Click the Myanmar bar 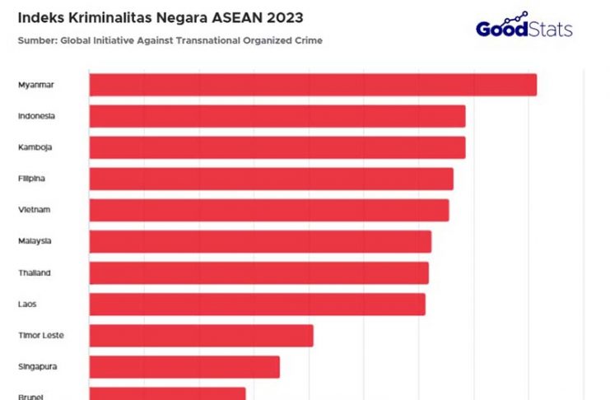[x=313, y=85]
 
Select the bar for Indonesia [x=277, y=116]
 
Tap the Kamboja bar [x=277, y=147]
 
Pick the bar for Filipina [x=271, y=179]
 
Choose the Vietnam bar [x=269, y=210]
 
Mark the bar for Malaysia [x=260, y=241]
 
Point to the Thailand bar [x=258, y=272]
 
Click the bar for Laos [x=257, y=304]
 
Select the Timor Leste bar [x=201, y=335]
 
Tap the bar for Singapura [x=184, y=366]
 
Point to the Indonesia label [x=36, y=116]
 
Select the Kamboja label [x=35, y=147]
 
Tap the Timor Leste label [x=40, y=335]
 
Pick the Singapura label [x=37, y=366]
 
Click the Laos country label [x=26, y=304]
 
